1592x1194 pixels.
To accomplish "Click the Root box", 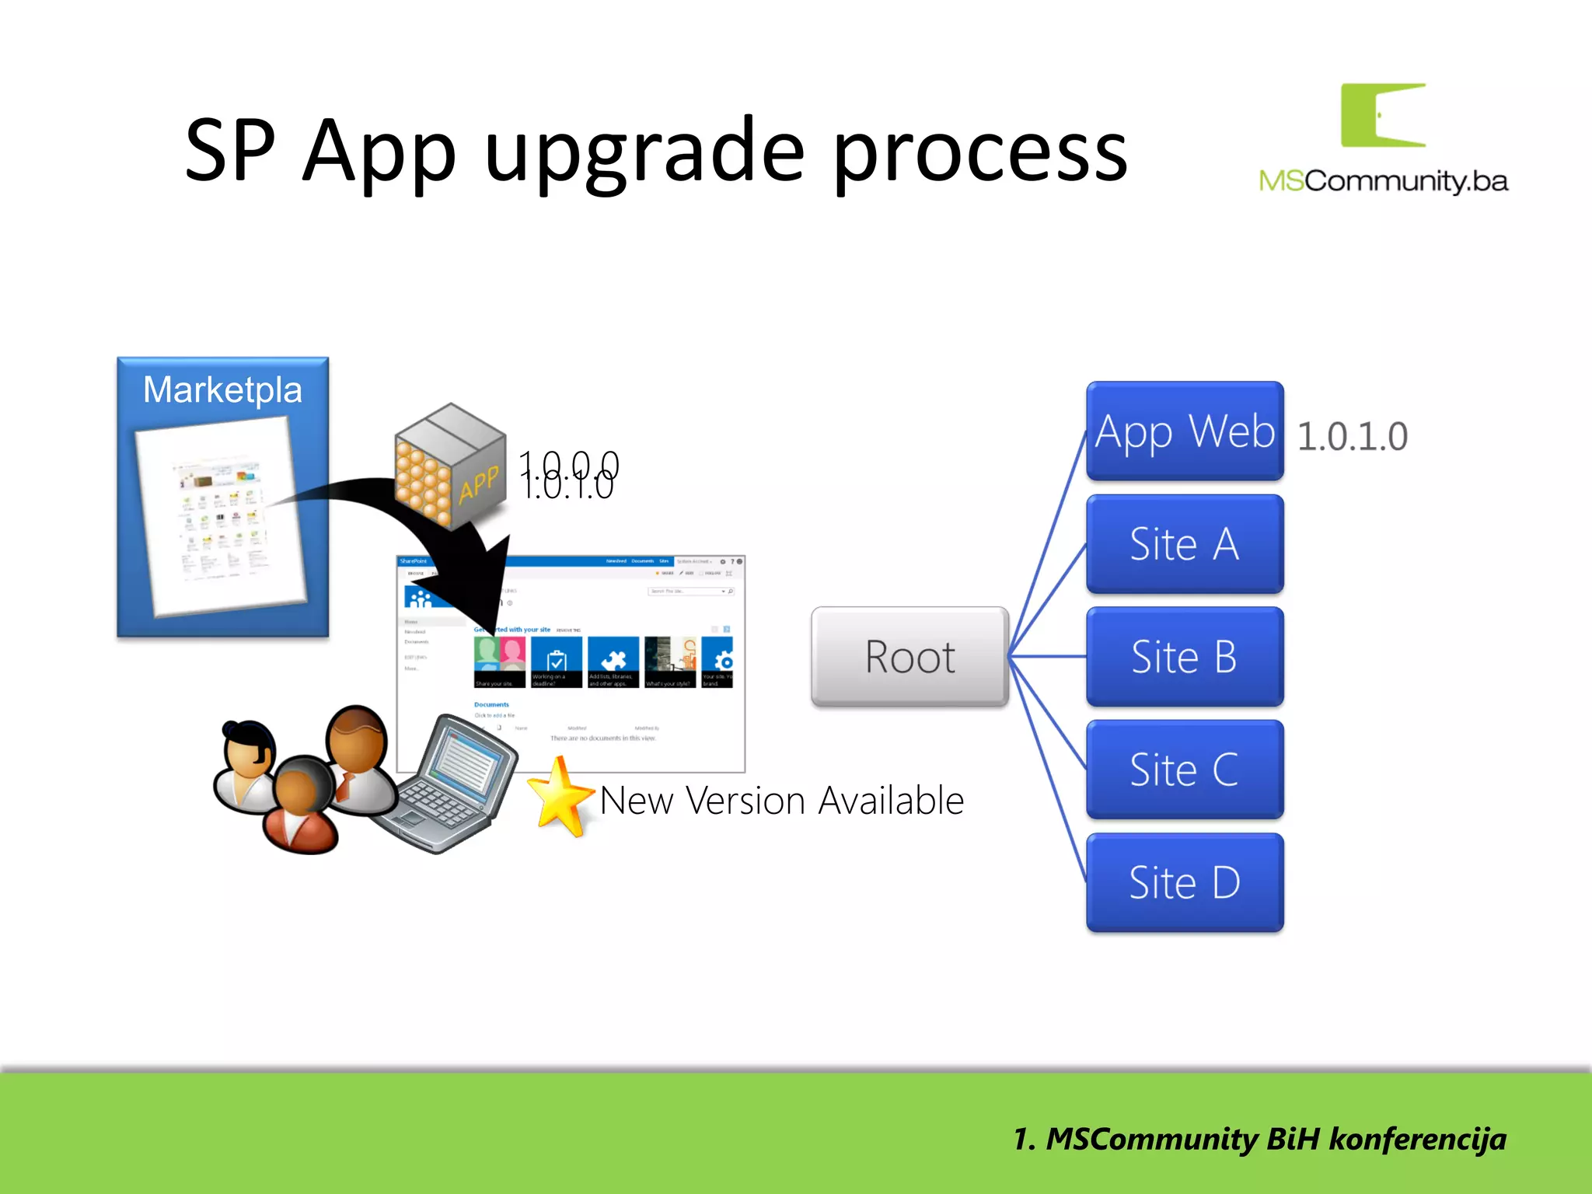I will click(x=909, y=657).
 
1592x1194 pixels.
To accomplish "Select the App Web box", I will click(x=1184, y=431).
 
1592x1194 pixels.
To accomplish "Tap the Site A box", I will click(x=1184, y=543).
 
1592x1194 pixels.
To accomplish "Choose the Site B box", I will click(x=1184, y=657).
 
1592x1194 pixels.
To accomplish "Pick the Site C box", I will click(x=1184, y=770).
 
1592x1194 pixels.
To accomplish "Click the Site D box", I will click(x=1184, y=882).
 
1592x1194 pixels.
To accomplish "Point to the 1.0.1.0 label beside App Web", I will click(x=1352, y=436).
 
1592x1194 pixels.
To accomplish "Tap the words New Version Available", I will click(x=781, y=801).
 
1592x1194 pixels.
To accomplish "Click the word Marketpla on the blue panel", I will click(x=222, y=389).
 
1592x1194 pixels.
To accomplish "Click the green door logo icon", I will click(x=1382, y=115).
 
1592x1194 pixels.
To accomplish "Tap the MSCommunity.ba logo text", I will click(x=1383, y=181).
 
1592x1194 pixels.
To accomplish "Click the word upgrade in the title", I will click(x=644, y=151).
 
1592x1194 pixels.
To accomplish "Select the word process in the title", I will click(x=979, y=151).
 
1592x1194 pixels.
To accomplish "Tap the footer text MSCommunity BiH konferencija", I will click(x=1259, y=1140).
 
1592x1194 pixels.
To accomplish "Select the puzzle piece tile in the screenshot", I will click(x=613, y=661).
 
